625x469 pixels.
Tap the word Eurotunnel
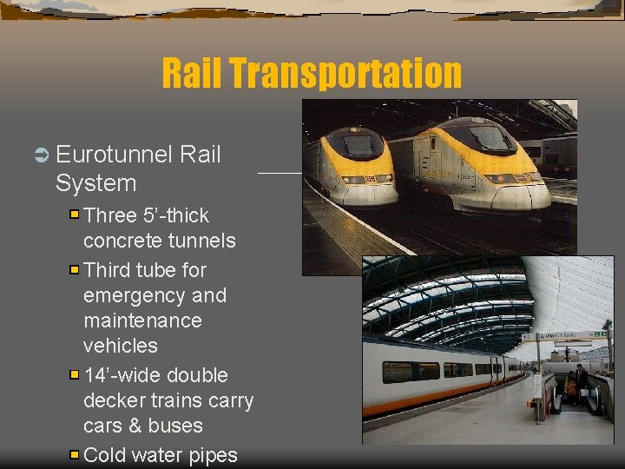[113, 155]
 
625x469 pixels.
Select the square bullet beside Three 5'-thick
[75, 214]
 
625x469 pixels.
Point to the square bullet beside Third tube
[75, 269]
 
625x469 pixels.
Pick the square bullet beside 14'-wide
[75, 375]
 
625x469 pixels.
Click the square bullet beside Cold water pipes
[75, 454]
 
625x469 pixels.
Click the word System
[95, 183]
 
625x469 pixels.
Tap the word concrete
[121, 240]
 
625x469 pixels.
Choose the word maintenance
[142, 320]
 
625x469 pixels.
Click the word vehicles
[120, 346]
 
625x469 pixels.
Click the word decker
[113, 401]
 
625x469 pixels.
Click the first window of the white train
[397, 371]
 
